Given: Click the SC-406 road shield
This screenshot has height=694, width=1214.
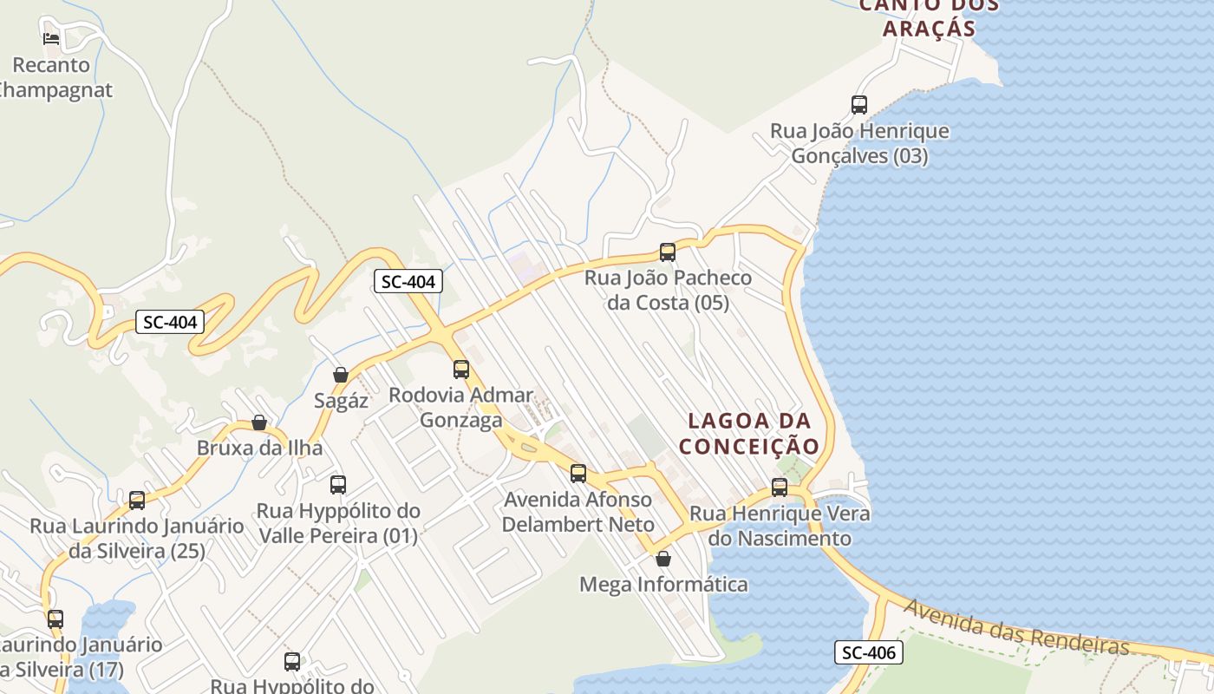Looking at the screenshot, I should (869, 652).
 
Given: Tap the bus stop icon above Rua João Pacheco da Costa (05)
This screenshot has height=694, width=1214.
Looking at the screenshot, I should (667, 252).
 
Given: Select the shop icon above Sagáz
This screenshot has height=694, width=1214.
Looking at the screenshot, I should (341, 375).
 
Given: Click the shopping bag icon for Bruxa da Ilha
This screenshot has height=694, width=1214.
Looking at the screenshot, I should (258, 422).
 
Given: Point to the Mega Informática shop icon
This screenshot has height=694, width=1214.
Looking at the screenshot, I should (663, 559).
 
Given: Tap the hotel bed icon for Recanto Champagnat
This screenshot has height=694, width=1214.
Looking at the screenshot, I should (51, 38).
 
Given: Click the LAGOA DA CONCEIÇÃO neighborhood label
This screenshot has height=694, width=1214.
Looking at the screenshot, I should (749, 434).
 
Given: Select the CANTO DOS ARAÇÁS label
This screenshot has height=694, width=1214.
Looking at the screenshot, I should (928, 17).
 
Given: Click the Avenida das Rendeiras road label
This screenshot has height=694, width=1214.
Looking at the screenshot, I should (1015, 627).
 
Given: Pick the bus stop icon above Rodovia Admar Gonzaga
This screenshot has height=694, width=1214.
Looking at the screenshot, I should (461, 370).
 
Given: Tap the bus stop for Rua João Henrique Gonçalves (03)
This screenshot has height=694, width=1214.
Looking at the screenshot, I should (859, 105).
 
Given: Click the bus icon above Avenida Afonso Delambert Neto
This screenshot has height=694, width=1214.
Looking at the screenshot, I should (578, 474).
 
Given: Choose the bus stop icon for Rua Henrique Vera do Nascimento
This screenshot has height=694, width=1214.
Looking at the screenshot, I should (780, 488).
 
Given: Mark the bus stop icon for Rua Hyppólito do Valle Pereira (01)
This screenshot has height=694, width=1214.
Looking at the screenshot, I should (338, 485).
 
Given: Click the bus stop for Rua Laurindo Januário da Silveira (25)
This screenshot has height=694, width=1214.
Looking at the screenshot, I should (137, 501).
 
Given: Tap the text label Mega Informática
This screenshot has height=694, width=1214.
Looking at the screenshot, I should (663, 585).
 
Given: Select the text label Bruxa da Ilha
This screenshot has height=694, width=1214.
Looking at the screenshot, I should (259, 448).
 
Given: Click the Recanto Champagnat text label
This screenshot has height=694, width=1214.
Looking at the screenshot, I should (52, 77).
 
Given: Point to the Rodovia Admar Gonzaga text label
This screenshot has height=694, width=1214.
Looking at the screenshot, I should (460, 408).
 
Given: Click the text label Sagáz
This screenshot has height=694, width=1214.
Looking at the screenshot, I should (341, 401).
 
